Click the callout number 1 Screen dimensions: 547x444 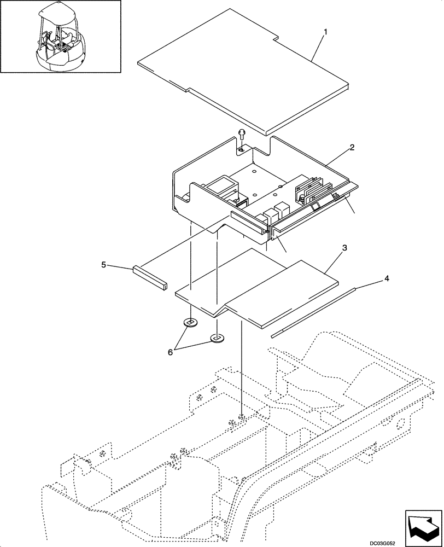[325, 32]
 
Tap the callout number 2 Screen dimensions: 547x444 [352, 147]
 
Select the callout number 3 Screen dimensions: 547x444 [344, 248]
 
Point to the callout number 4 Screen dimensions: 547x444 [387, 278]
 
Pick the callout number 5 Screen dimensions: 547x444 [103, 265]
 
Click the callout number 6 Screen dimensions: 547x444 [170, 353]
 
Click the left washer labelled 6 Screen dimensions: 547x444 [190, 323]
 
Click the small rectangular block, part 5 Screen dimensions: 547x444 [148, 278]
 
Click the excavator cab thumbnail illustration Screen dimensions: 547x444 [60, 37]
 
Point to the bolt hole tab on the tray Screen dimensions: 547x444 [243, 149]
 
